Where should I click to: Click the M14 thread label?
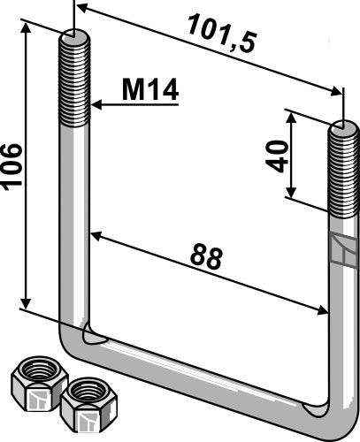150,89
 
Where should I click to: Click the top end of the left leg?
74,37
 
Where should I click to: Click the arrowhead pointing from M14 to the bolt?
96,105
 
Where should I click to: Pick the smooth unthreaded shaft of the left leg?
74,221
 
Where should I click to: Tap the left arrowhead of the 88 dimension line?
94,235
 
